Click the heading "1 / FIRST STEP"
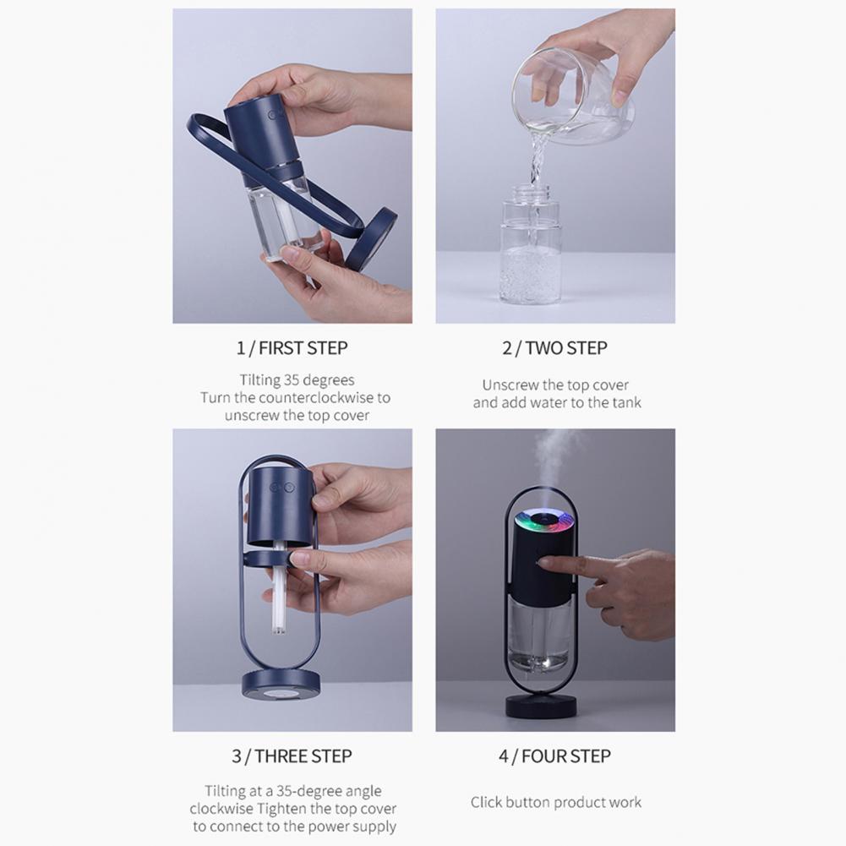point(292,347)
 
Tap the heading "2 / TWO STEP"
point(555,347)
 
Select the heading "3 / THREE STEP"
point(292,756)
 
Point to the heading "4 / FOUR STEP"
point(555,756)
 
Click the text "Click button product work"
point(555,802)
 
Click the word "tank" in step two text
point(625,402)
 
